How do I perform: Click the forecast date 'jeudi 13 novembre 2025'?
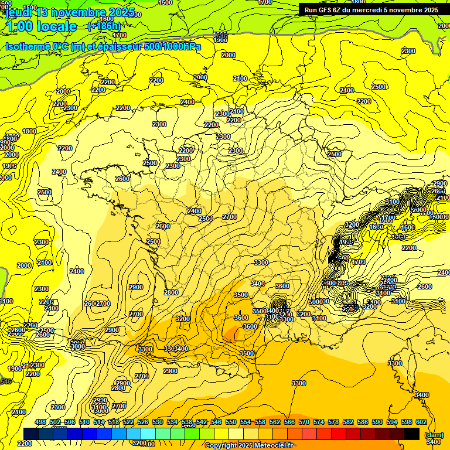(70, 12)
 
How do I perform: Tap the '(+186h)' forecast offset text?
(104, 26)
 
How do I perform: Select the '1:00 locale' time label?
(41, 26)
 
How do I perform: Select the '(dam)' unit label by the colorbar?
(434, 435)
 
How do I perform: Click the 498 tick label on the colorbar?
(40, 422)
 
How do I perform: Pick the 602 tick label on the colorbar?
(421, 422)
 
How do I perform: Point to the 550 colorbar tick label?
(231, 422)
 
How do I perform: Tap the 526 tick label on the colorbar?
(143, 422)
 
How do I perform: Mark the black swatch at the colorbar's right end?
(412, 434)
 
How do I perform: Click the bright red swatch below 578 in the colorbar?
(339, 434)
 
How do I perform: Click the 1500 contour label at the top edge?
(165, 3)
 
